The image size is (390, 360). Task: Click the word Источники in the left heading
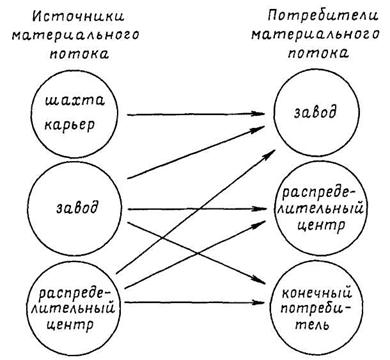pos(79,16)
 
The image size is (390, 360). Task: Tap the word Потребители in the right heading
pos(323,16)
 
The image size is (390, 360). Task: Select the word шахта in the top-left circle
pos(75,100)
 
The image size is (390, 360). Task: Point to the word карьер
pos(70,125)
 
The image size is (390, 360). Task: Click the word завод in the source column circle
pos(77,208)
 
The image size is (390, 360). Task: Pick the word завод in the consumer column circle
pos(315,112)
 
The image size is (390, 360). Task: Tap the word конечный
pos(317,294)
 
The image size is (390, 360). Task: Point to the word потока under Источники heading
pos(79,54)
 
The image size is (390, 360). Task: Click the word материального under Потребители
pos(315,35)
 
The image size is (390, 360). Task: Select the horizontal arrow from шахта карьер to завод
pos(196,114)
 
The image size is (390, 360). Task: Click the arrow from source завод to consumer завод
pos(196,152)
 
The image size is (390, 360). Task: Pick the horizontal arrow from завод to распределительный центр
pos(197,209)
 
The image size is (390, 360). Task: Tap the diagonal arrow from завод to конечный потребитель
pos(197,253)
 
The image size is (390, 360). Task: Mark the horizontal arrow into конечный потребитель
pos(197,302)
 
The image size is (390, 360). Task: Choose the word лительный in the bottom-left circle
pos(74,308)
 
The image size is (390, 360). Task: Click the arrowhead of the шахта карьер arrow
pos(259,114)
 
